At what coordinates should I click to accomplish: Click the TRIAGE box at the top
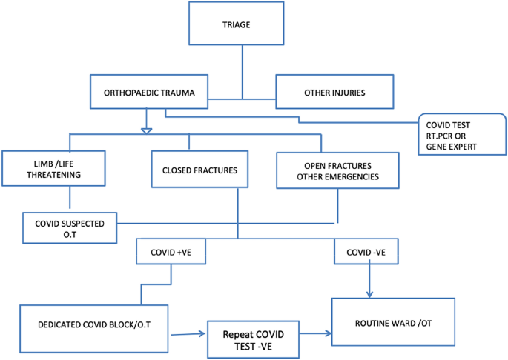pos(237,25)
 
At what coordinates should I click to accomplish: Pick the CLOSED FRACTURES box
pos(199,170)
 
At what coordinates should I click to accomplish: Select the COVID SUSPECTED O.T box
pos(69,228)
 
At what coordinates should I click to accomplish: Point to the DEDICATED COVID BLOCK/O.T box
pos(94,327)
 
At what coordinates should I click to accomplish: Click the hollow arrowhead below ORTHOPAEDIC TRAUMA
pos(146,131)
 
